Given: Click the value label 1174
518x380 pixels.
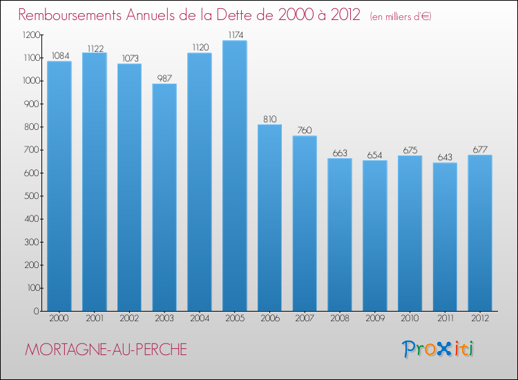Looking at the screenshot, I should pos(235,35).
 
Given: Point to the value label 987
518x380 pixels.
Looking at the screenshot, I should pos(164,77).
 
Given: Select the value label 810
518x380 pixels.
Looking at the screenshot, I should pos(269,118).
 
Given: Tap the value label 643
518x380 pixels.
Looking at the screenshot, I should pos(445,157).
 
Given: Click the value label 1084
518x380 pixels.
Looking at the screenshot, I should pos(59,55).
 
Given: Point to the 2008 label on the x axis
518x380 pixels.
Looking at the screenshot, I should pos(340,319).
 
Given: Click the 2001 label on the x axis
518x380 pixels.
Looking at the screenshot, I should pos(95,319).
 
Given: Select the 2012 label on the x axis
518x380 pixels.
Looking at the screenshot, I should pos(480,319).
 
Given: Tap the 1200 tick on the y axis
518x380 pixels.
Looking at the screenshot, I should pos(30,35).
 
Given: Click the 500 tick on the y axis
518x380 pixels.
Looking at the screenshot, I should pos(32,196).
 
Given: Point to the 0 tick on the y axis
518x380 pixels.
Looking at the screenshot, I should pos(37,311).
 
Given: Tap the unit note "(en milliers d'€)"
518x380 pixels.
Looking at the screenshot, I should pos(400,16).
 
